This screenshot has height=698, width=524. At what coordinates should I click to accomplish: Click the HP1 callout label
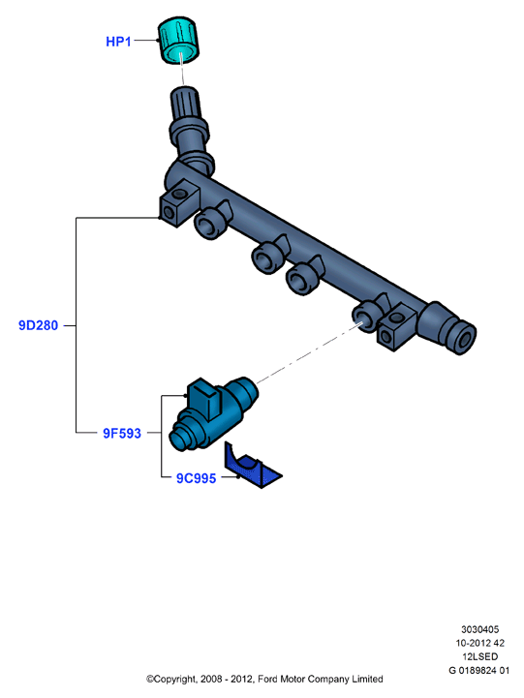[118, 42]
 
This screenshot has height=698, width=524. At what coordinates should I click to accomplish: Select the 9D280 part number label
[39, 325]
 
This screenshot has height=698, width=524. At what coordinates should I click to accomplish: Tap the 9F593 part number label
[122, 433]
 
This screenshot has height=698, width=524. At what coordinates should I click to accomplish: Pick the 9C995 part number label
[197, 478]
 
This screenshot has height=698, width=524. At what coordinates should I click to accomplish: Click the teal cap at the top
[178, 41]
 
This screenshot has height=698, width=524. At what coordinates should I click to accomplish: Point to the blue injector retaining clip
[252, 466]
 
